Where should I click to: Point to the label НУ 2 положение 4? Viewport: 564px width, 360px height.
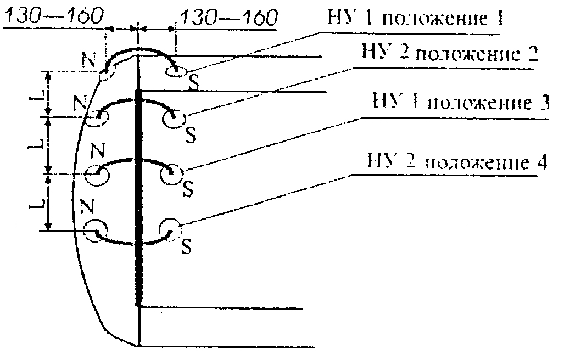(x=457, y=163)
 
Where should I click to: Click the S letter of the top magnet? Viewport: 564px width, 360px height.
(x=193, y=81)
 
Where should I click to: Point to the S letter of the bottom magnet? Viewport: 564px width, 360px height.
(x=186, y=247)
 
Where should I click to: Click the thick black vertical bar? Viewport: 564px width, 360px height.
(x=138, y=198)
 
